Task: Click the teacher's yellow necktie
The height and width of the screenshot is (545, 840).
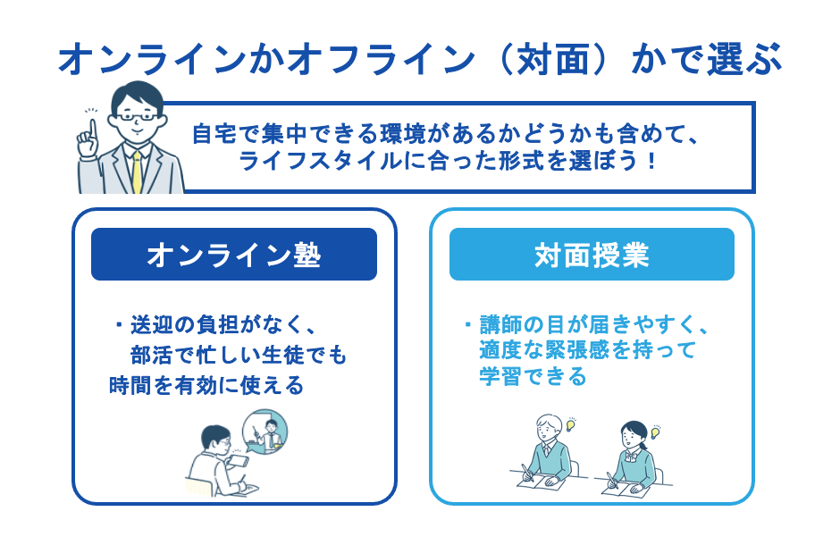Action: click(137, 171)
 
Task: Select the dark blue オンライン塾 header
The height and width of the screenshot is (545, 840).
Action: click(234, 255)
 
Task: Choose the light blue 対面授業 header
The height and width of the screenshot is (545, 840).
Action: click(592, 255)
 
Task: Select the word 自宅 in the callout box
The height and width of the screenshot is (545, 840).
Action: click(212, 135)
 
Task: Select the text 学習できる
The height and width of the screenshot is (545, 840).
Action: click(533, 377)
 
